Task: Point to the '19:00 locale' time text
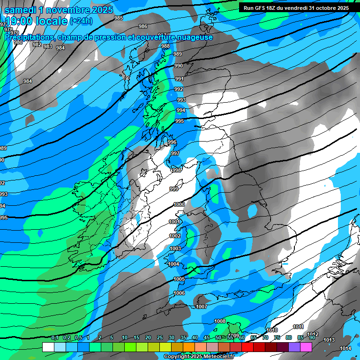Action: [36, 21]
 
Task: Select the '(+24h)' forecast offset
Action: [81, 21]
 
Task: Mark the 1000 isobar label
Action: [179, 204]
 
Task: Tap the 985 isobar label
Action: [119, 18]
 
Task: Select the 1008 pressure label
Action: [220, 321]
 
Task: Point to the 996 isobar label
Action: [172, 142]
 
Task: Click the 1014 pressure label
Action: [345, 348]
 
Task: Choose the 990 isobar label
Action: [179, 66]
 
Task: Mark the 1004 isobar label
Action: [173, 264]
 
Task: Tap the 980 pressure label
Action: [18, 43]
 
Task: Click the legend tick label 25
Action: [160, 337]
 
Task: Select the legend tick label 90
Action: [312, 337]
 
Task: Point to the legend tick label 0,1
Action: [54, 337]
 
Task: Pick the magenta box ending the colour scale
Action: [306, 347]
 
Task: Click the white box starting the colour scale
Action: [48, 347]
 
